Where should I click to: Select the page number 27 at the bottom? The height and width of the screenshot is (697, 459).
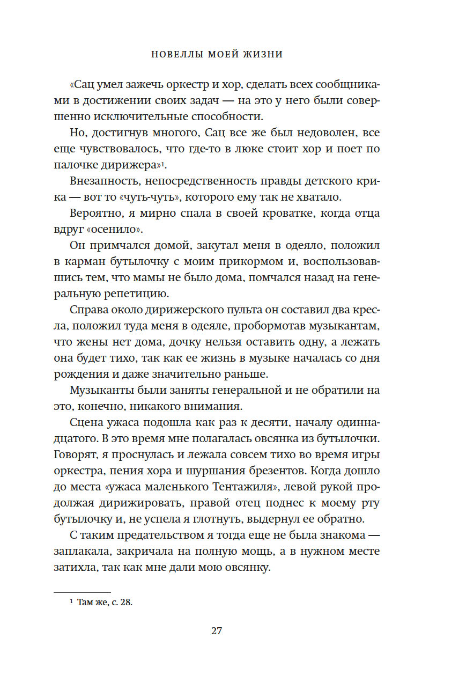(x=216, y=631)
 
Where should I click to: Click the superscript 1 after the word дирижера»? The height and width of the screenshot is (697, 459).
(x=178, y=163)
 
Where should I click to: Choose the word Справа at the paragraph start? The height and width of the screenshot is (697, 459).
(x=88, y=312)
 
